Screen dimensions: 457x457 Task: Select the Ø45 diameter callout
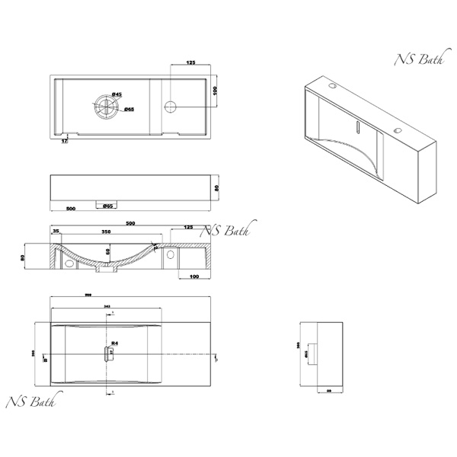[x=117, y=94]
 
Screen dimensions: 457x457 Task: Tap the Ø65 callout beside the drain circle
[x=129, y=110]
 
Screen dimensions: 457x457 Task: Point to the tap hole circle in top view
[x=171, y=104]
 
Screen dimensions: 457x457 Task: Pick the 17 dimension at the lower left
[x=64, y=140]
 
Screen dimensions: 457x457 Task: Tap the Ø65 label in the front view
[x=107, y=206]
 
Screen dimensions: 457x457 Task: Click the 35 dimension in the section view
[x=56, y=231]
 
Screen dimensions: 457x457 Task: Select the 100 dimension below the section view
[x=194, y=276]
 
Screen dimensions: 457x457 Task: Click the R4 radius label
[x=114, y=344]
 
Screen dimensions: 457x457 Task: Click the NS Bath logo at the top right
[x=414, y=60]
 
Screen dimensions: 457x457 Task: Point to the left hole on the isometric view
[x=332, y=86]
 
